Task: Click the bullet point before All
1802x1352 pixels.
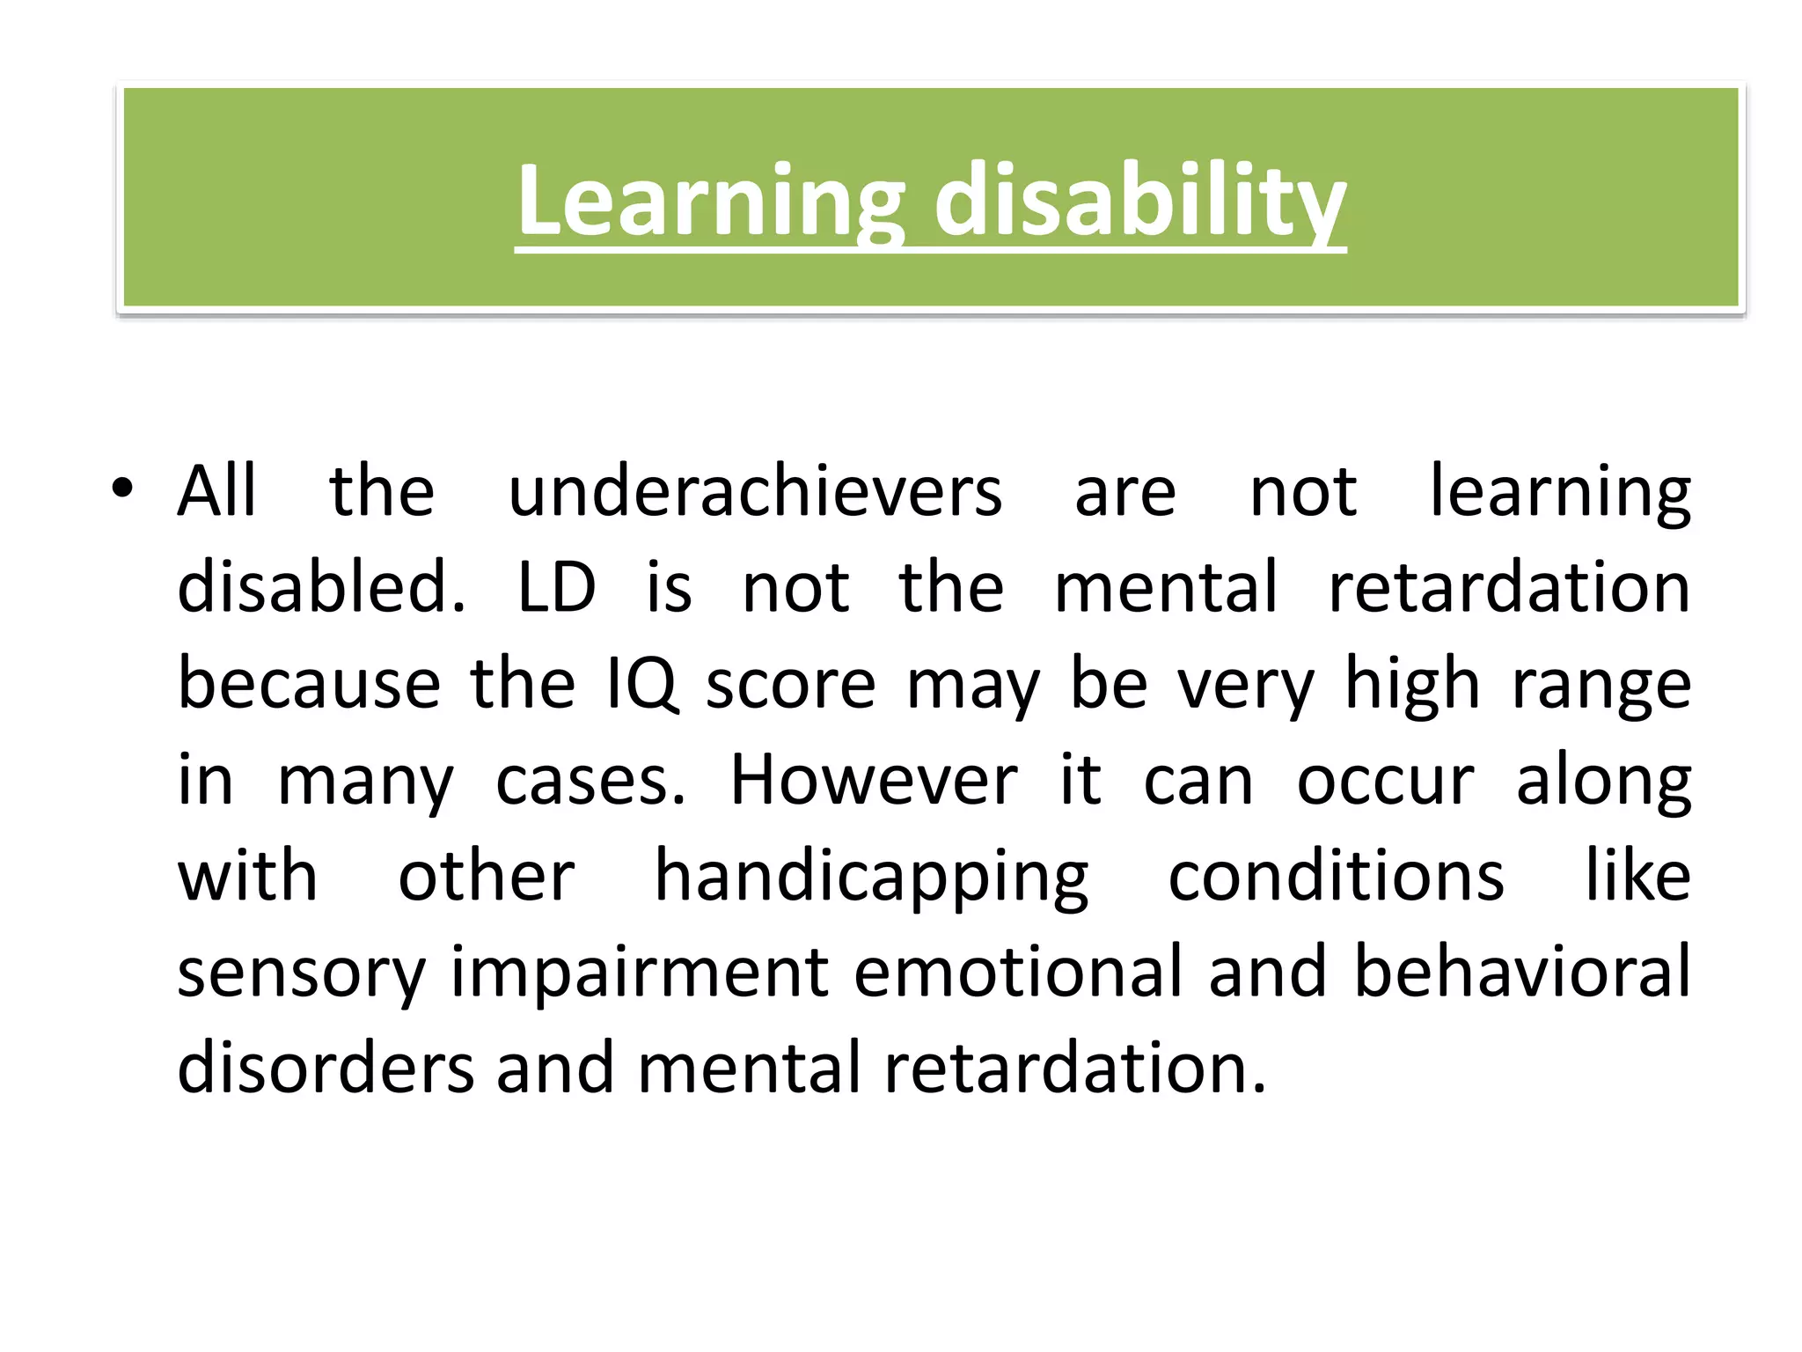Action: click(x=121, y=489)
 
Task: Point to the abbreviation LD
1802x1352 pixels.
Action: click(x=556, y=587)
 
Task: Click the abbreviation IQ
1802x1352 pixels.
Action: click(x=642, y=684)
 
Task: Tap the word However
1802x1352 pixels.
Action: click(x=873, y=780)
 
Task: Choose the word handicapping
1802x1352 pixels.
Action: click(x=871, y=878)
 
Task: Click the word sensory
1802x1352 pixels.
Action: click(x=301, y=974)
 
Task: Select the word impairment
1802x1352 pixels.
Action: click(x=640, y=974)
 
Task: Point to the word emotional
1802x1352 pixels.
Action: click(x=1018, y=972)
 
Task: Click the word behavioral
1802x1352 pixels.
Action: click(x=1521, y=972)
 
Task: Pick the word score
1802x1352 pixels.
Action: click(x=790, y=684)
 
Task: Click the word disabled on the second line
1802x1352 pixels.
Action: click(x=321, y=587)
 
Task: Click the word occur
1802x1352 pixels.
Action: click(x=1384, y=780)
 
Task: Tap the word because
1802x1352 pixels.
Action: click(x=309, y=684)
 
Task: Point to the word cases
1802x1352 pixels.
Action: click(x=590, y=780)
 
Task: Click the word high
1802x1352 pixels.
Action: click(x=1412, y=684)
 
